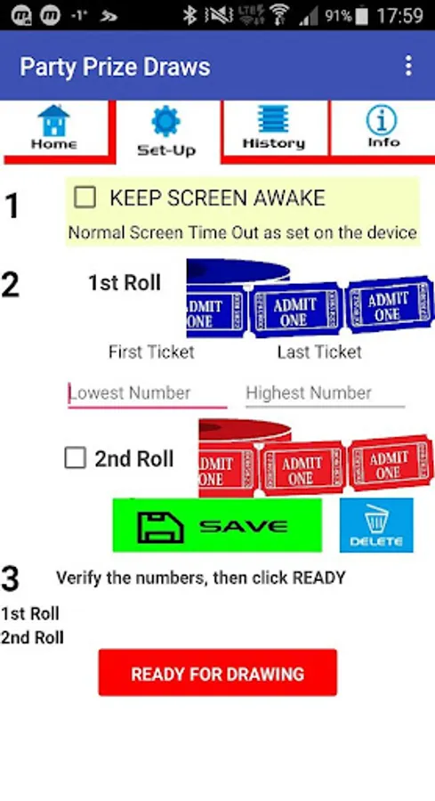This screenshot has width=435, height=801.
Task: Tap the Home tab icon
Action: [53, 120]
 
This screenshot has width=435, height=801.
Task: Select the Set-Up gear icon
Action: [166, 122]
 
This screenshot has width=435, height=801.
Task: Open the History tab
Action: [274, 127]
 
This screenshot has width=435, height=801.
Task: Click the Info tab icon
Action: [382, 120]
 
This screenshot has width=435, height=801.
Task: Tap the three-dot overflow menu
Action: [408, 66]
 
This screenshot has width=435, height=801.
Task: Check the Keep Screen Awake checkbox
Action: [85, 198]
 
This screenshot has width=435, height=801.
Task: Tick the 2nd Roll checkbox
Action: [75, 457]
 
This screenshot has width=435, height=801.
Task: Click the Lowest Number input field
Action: [147, 393]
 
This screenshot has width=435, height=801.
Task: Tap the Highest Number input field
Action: [326, 393]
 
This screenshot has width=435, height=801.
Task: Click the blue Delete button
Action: [376, 525]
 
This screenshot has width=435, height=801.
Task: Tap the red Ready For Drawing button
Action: [217, 672]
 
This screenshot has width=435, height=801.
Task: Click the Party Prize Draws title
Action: [115, 67]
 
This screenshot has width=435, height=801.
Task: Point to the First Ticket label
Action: [151, 352]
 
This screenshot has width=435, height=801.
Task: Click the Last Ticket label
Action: [319, 352]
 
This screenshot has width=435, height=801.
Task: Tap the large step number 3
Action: [10, 578]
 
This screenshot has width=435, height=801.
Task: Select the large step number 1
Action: [12, 206]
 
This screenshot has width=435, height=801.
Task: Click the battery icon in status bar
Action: [362, 16]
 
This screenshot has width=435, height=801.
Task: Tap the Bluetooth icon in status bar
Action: [190, 16]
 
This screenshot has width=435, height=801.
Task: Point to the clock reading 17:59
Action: [400, 16]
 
